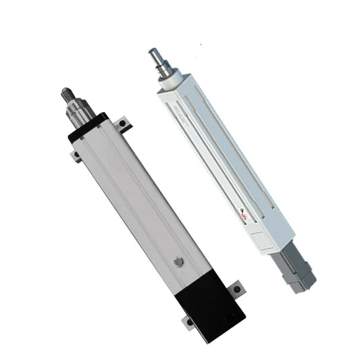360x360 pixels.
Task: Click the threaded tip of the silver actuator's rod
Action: (x=68, y=93)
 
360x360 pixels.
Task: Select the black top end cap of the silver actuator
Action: (x=88, y=126)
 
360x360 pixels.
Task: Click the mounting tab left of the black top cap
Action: (x=76, y=157)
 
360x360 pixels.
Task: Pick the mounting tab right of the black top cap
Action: (x=124, y=124)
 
